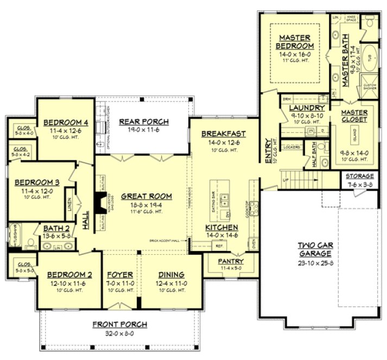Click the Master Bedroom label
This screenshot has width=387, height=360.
point(295,42)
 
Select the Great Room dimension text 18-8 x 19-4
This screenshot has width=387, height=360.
point(139,205)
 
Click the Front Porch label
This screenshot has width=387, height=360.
point(119,324)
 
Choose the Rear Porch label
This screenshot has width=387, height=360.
point(143,121)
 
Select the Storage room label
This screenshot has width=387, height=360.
point(360,176)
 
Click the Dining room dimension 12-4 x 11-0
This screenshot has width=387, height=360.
point(171,282)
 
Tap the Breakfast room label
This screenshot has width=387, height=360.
point(223,133)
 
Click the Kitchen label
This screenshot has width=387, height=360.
point(221,227)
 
